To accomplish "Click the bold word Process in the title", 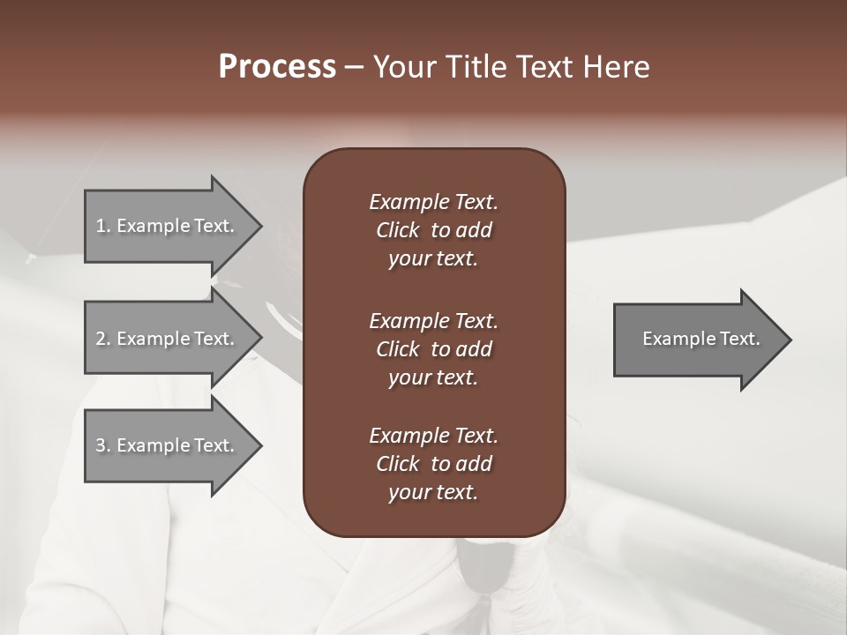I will click(277, 67).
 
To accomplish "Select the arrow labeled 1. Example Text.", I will click(168, 226).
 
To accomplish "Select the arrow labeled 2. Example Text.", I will click(168, 339).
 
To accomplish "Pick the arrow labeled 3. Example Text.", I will click(168, 445).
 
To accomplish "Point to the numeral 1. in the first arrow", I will click(102, 226).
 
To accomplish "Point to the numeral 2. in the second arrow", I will click(102, 339).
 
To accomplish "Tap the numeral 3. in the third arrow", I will click(102, 445).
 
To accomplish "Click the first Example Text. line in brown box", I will click(433, 202).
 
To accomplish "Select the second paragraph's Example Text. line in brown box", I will click(433, 320).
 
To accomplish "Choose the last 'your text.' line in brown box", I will click(433, 493).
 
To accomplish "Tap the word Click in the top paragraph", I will click(397, 230).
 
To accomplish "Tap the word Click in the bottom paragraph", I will click(397, 464).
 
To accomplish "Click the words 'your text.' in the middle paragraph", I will click(433, 377).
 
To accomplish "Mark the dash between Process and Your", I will click(353, 67).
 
